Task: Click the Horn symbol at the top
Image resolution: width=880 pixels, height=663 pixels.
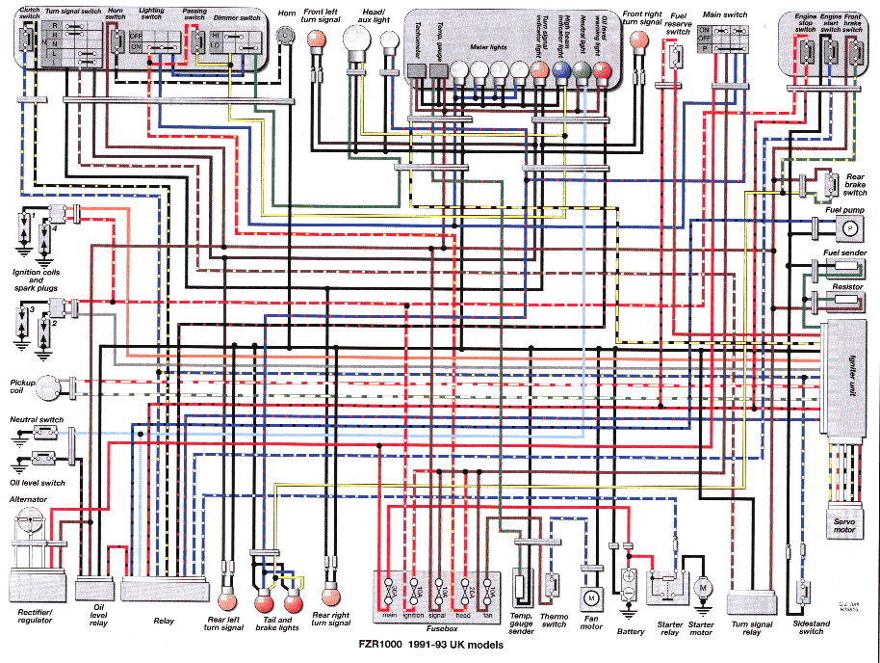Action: coord(285,36)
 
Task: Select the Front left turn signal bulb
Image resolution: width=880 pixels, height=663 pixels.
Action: coord(314,40)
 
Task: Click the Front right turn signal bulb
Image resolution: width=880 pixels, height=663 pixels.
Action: coord(637,40)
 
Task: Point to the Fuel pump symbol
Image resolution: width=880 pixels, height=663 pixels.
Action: coord(849,228)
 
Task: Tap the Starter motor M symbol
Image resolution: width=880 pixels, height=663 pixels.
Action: coord(703,587)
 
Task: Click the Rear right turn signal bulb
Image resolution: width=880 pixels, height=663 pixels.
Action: coord(330,592)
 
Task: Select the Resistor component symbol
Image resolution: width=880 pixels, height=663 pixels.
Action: coord(847,300)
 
